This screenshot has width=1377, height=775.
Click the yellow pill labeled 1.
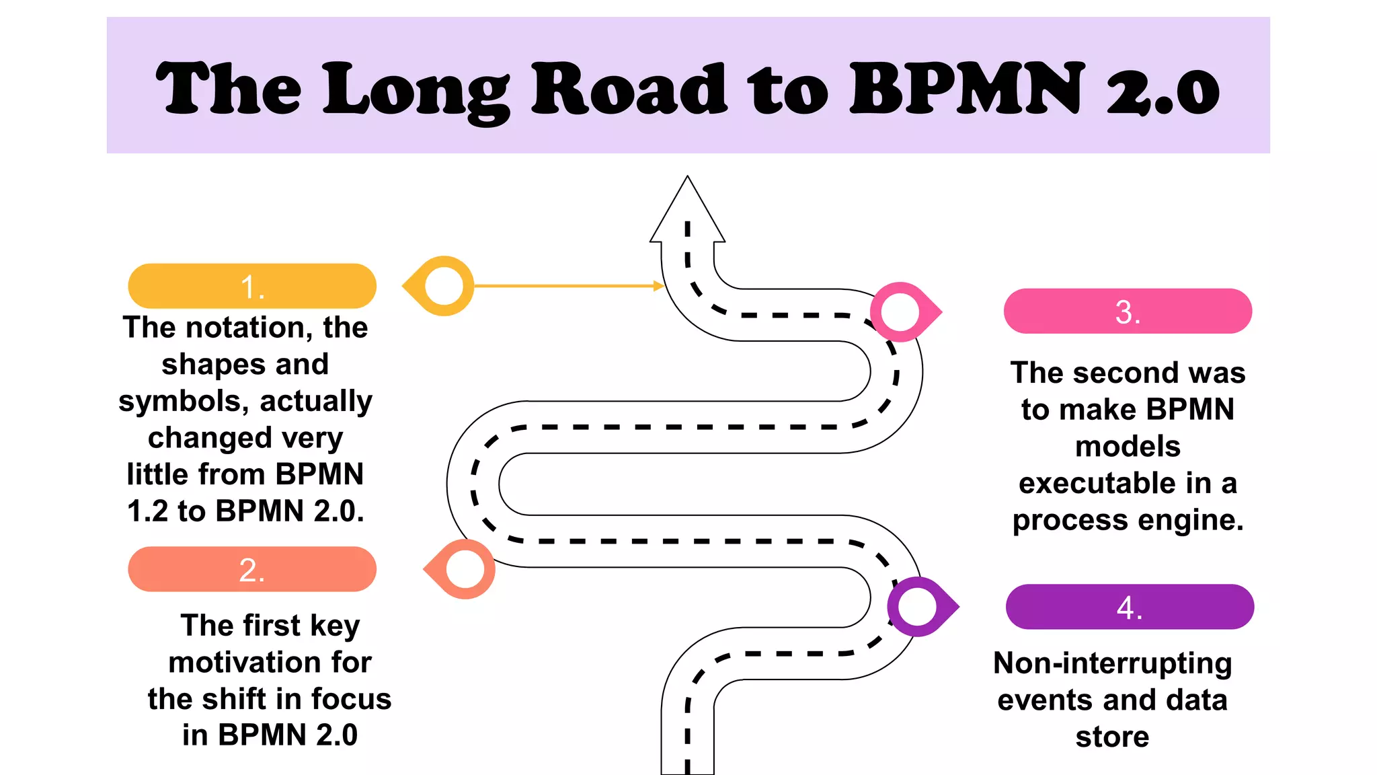(x=252, y=286)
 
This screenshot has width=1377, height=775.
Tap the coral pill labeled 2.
(x=252, y=569)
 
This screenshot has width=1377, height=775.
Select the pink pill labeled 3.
(x=1128, y=311)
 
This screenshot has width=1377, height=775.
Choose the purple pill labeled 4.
(x=1130, y=607)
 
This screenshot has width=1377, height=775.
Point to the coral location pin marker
(x=463, y=569)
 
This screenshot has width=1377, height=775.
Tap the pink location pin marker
(x=902, y=311)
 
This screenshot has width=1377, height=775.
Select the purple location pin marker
(x=918, y=607)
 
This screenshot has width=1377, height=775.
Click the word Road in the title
(x=629, y=89)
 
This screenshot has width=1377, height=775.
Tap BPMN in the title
(x=967, y=89)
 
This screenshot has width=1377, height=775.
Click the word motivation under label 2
(x=246, y=663)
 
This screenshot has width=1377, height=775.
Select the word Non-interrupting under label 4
(x=1112, y=664)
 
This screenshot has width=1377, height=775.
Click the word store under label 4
(x=1112, y=737)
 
